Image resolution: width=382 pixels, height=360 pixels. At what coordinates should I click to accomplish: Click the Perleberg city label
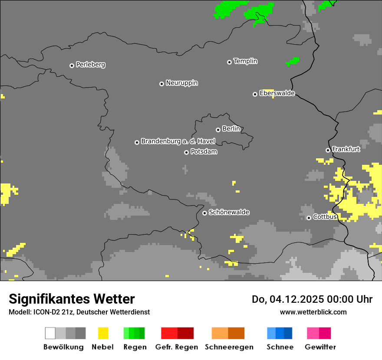coord(90,65)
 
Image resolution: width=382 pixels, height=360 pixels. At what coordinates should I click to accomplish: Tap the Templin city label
coord(245,61)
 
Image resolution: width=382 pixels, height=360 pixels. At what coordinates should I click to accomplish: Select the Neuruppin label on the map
coord(181,83)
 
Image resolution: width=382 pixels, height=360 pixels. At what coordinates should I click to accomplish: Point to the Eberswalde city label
coord(277,93)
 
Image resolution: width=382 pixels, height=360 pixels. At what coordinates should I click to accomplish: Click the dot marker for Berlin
coord(218,130)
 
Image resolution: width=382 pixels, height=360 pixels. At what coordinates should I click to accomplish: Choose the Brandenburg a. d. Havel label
coord(178,141)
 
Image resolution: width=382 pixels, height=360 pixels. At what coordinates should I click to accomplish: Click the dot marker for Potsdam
coord(186,152)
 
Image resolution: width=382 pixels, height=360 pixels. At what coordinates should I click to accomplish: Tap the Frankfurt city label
coord(346,149)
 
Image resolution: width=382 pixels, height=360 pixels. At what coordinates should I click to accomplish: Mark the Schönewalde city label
coord(229,212)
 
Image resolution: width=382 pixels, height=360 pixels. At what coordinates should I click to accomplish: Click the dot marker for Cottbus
coord(309,218)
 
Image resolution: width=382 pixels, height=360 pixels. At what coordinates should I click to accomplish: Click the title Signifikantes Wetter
coord(72,299)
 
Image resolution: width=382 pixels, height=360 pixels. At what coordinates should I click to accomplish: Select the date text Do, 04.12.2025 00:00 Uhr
coord(312,299)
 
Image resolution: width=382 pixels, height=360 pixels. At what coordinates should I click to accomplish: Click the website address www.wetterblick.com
coord(313,312)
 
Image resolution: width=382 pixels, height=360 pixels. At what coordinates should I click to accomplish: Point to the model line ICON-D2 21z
coord(79,312)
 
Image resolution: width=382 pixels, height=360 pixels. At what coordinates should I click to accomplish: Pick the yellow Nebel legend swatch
coord(103,333)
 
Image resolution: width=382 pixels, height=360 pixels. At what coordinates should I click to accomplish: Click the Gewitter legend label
coord(320,347)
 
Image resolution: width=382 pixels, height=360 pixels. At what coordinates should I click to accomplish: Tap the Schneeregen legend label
coord(229,347)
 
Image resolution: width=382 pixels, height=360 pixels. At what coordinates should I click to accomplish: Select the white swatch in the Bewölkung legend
coord(50,333)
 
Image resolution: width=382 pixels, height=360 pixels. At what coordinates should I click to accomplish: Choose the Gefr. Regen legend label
coord(176,347)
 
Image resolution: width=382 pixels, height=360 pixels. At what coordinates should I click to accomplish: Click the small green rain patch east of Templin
coord(293,61)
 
